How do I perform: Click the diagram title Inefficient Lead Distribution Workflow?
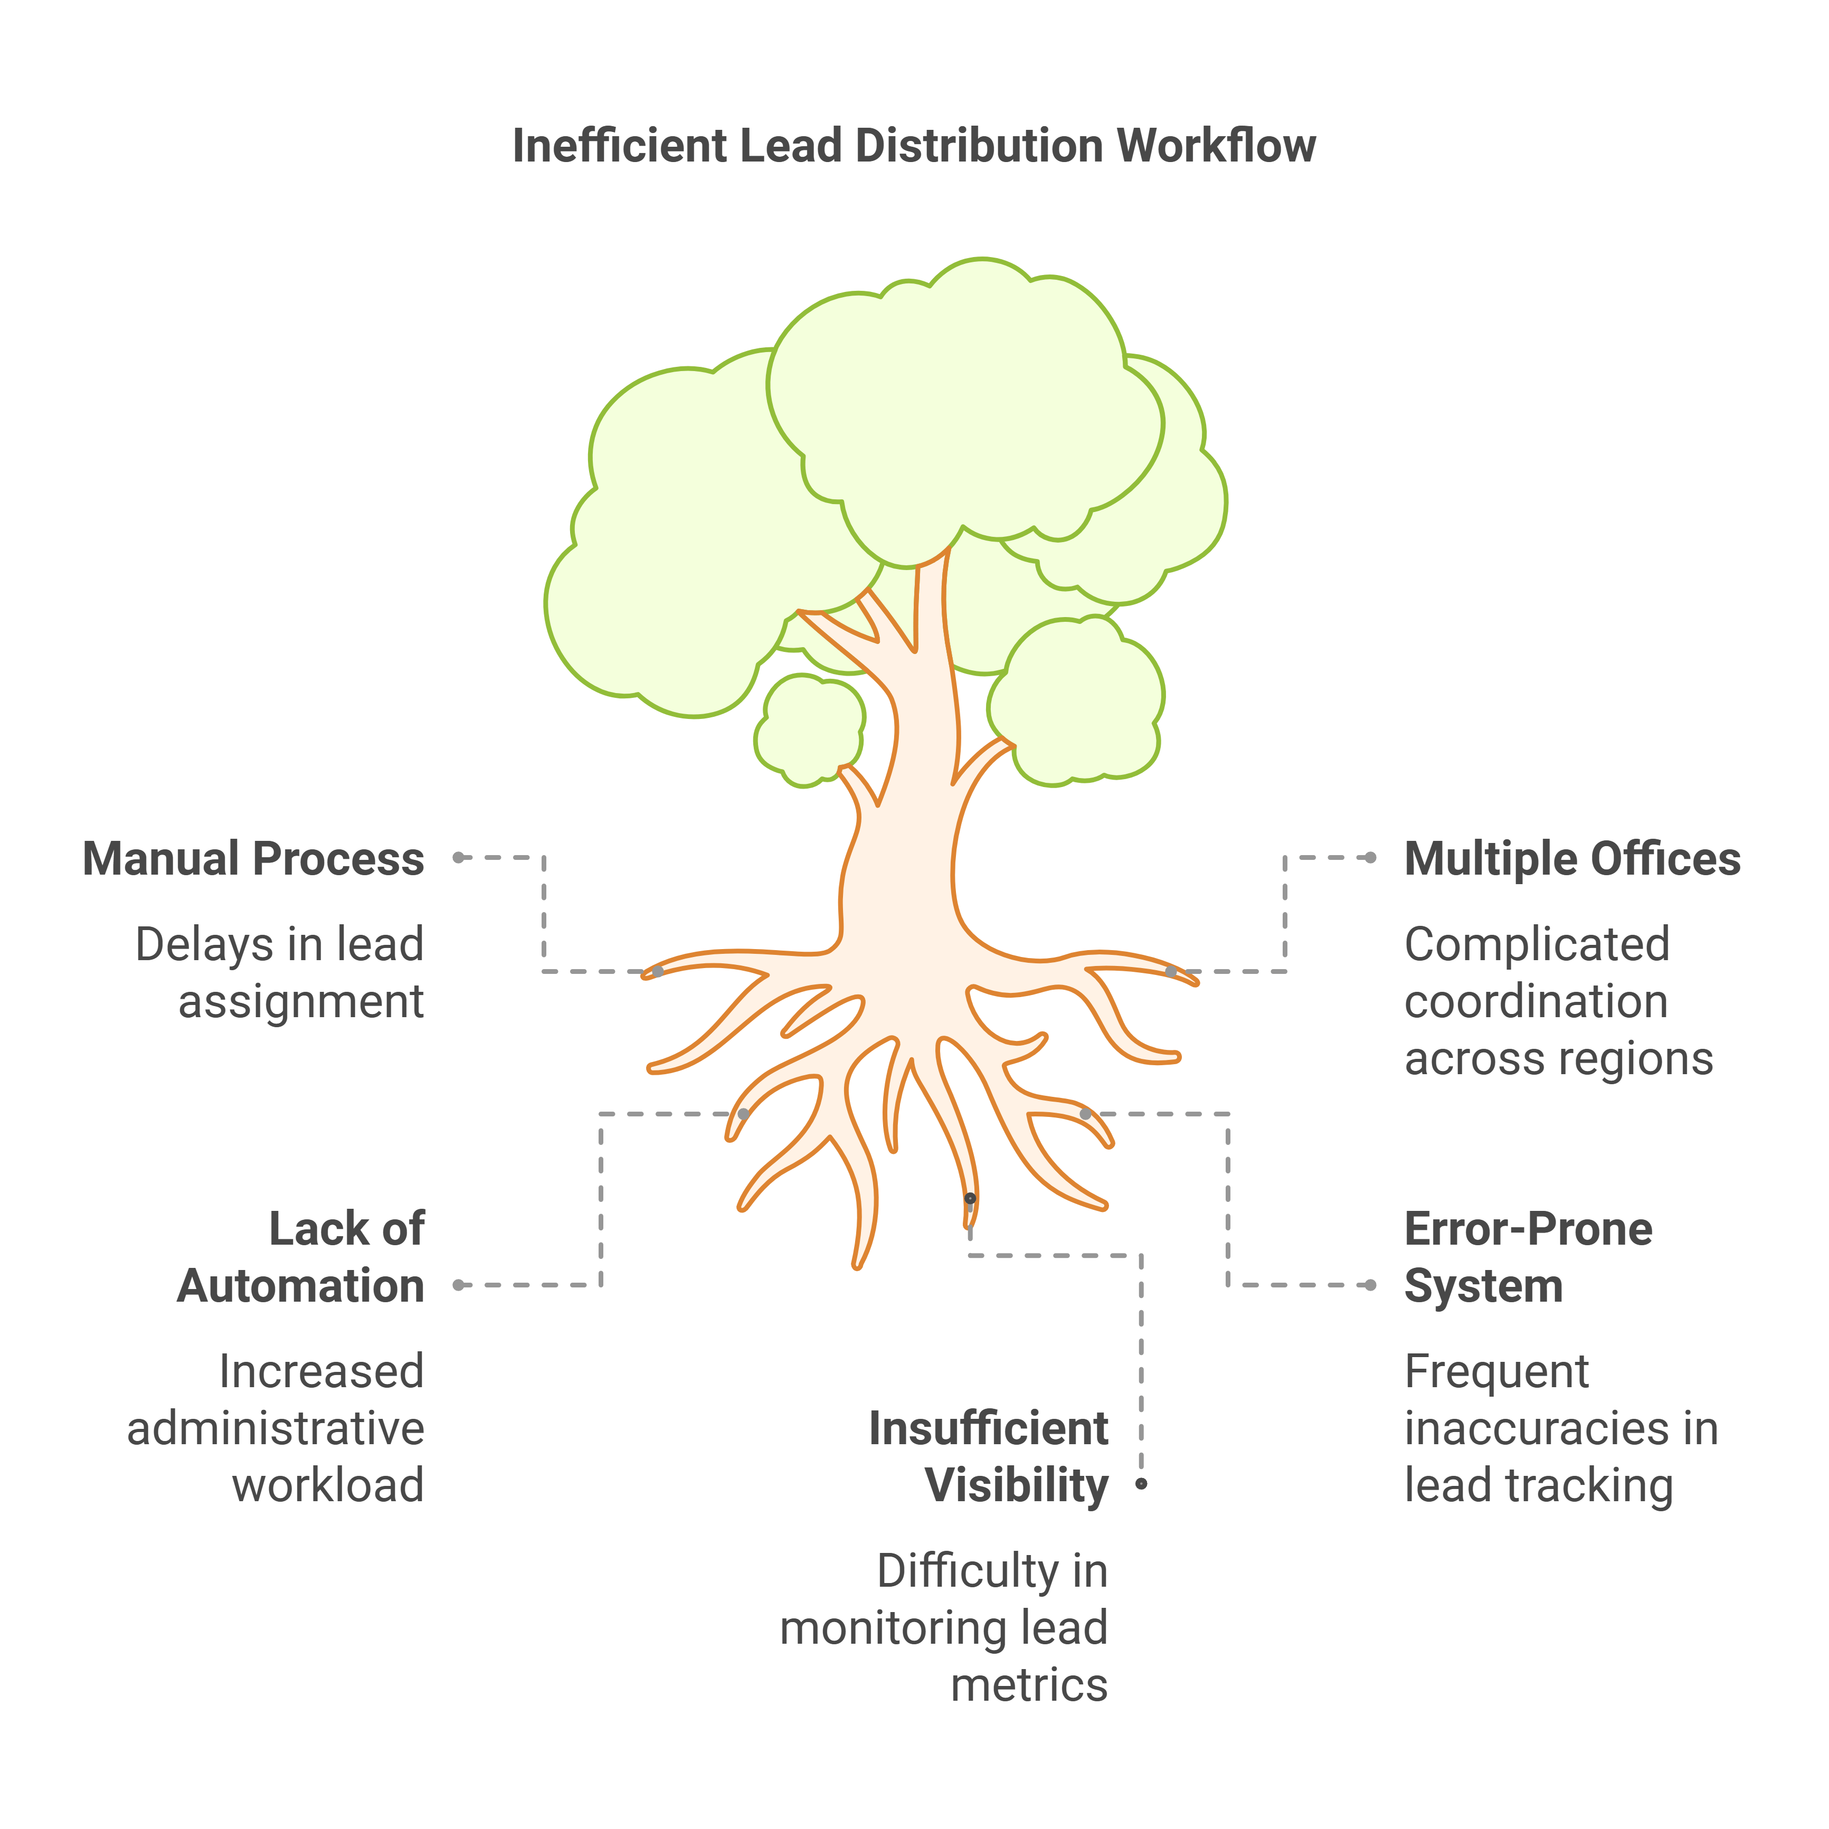[914, 146]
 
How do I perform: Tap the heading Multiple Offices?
[1572, 859]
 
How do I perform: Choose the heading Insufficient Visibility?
[988, 1456]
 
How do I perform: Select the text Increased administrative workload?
[276, 1428]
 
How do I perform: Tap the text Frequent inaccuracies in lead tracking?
[1561, 1428]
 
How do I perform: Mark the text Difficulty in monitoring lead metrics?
[944, 1627]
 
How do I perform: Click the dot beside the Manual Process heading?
[458, 858]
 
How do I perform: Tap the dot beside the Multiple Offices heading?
[1371, 858]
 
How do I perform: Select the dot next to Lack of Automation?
[458, 1285]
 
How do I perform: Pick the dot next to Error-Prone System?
[1371, 1285]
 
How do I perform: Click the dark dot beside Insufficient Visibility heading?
[1142, 1483]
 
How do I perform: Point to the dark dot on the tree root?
[970, 1199]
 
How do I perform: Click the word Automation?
[301, 1286]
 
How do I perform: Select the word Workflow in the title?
[1217, 146]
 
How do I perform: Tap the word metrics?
[1029, 1685]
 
